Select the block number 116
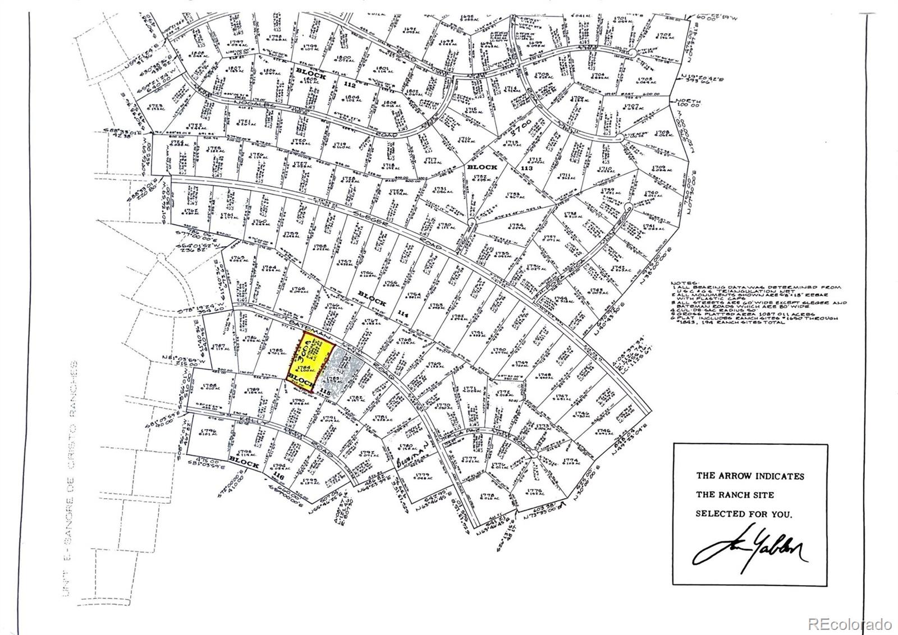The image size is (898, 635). tap(276, 475)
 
